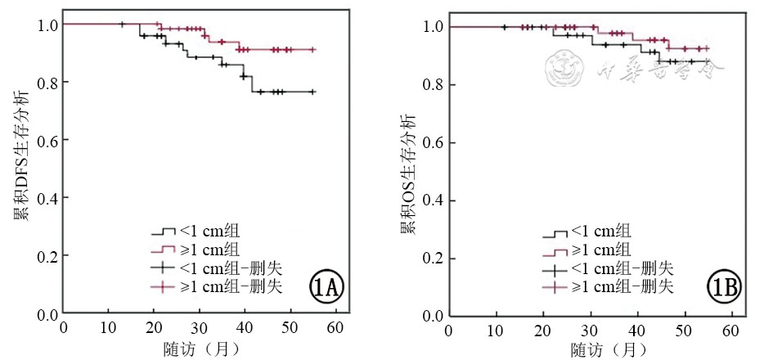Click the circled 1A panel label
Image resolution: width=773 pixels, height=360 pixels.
326,287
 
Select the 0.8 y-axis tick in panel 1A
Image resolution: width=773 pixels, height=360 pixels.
48,83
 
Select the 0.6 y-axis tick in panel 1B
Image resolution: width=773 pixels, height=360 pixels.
434,143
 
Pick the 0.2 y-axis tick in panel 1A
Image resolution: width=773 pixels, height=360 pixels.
48,256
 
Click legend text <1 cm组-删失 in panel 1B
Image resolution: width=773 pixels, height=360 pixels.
622,268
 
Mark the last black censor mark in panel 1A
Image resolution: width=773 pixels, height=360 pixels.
312,92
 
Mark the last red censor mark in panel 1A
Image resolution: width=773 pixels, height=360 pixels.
312,50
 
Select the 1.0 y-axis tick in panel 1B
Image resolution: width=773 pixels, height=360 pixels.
434,27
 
